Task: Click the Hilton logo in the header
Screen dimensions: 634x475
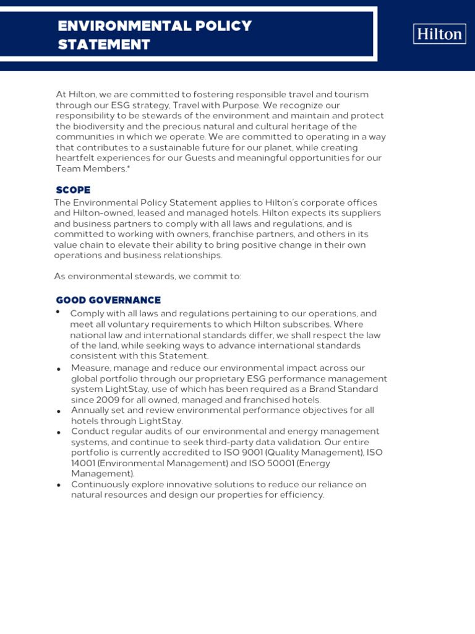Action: tap(439, 34)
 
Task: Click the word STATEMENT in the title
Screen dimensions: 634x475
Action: tap(104, 45)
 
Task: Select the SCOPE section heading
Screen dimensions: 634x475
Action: tap(73, 190)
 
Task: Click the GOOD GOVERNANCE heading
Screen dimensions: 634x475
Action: tap(108, 300)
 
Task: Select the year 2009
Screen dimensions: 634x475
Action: tap(109, 400)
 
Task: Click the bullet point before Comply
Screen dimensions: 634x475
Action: tap(58, 312)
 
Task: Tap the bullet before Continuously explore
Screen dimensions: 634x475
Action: tap(58, 485)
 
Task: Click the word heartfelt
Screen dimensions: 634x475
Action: tap(76, 158)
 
